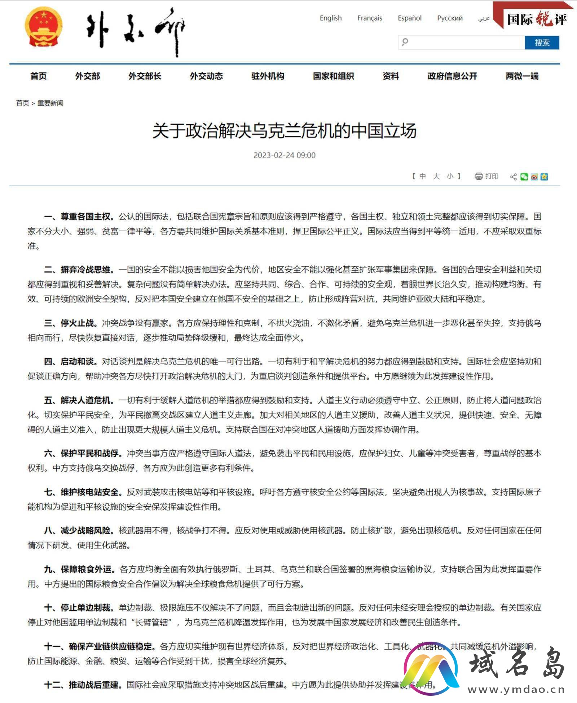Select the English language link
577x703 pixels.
pos(331,18)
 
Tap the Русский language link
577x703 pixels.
pos(450,18)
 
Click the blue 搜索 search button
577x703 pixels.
pos(542,43)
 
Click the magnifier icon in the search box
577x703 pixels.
pos(405,42)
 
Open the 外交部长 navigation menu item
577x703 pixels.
pos(145,76)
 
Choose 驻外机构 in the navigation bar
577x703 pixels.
pos(268,76)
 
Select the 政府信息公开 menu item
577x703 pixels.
pos(452,76)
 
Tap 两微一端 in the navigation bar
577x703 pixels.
pos(522,76)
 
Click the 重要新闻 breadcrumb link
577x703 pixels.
pos(50,103)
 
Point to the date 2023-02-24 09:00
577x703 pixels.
pos(285,155)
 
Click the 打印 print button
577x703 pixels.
pos(486,176)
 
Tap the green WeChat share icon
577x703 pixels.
pos(524,176)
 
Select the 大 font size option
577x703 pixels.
pos(436,176)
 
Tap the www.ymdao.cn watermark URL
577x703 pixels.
pos(516,690)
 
